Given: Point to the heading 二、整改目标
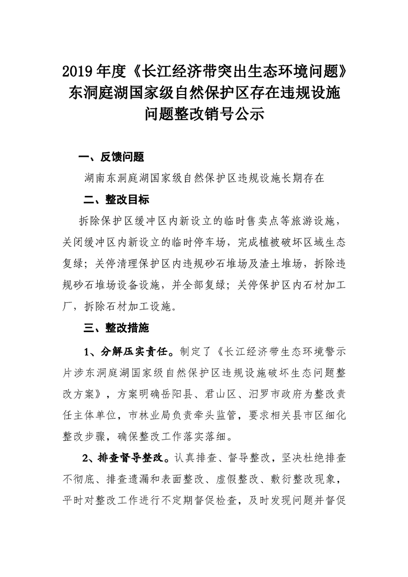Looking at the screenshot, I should (116, 199).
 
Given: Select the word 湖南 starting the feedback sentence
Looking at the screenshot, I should (96, 178).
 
